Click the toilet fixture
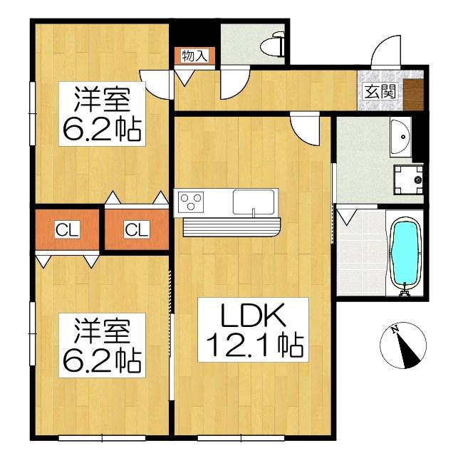[273, 45]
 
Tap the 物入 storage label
[194, 56]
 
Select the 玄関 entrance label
[380, 91]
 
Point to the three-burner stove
[191, 202]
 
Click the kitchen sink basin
[254, 202]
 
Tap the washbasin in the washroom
[400, 137]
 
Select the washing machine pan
[408, 180]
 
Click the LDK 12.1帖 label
[254, 330]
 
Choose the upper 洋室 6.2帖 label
[102, 114]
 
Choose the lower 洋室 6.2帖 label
[102, 345]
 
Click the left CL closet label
[67, 230]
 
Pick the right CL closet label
[137, 230]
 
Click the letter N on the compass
[394, 329]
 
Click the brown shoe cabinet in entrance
[413, 95]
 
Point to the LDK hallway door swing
[305, 129]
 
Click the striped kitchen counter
[231, 227]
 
